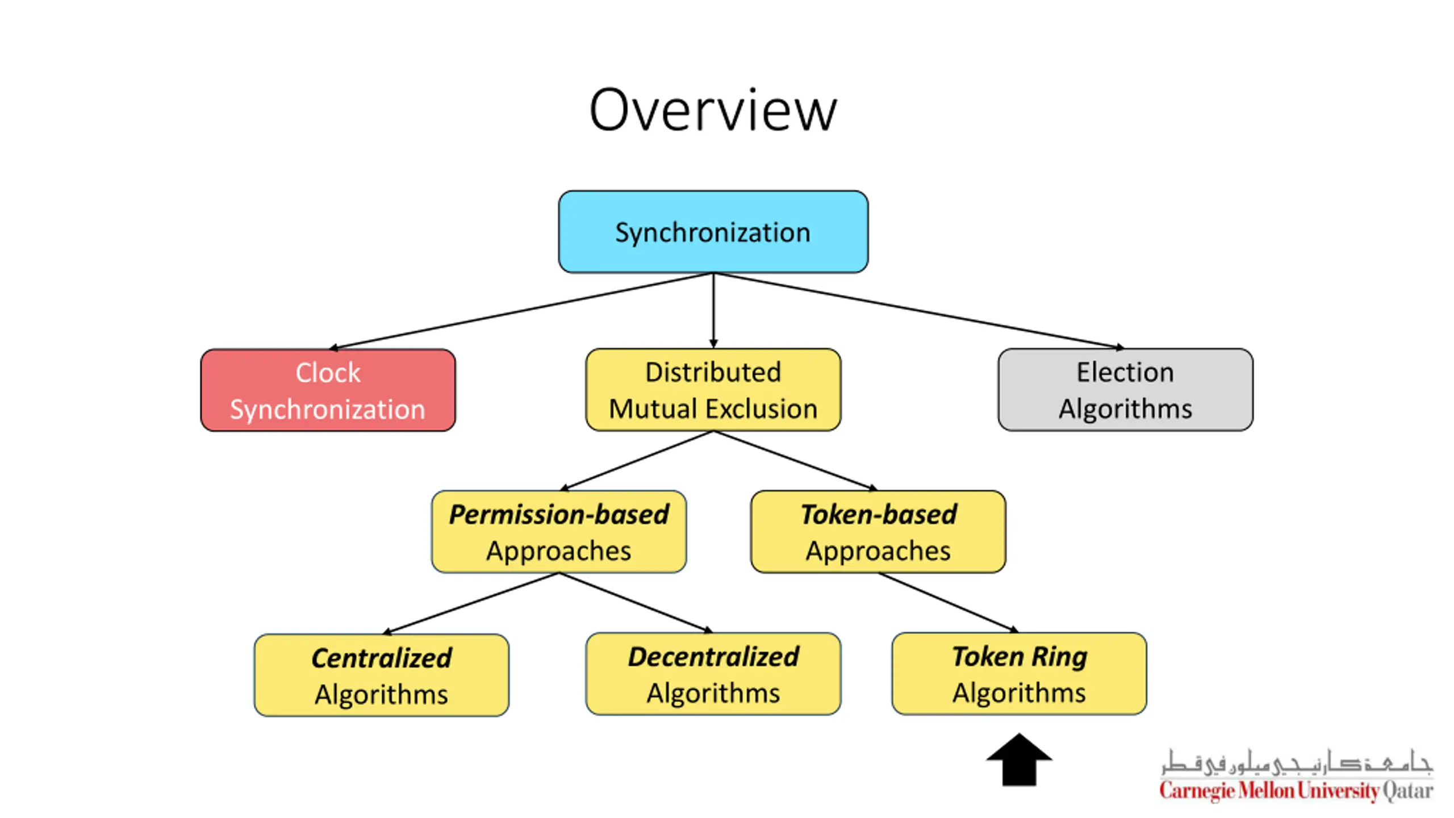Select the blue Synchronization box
pos(713,232)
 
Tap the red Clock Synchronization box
pos(328,390)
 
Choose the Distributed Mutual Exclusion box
pos(713,390)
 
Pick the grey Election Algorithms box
pos(1125,390)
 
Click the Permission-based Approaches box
pos(559,532)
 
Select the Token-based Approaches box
pos(878,532)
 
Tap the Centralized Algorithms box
pos(382,675)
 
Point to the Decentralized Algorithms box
pos(713,674)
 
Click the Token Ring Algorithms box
pos(1020,674)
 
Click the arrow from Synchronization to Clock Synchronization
pos(521,311)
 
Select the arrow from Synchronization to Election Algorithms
pos(919,311)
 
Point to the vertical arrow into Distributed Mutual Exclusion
pos(713,311)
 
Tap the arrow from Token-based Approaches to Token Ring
pos(949,603)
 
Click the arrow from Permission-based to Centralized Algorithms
pos(471,603)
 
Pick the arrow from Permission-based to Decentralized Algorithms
pos(636,603)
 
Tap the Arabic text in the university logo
pos(1297,762)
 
